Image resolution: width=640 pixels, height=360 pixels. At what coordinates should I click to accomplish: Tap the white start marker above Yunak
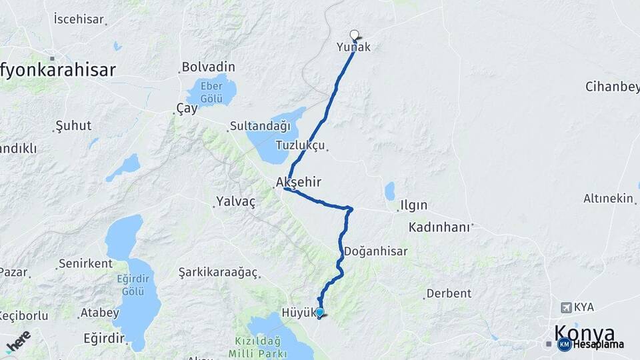point(354,35)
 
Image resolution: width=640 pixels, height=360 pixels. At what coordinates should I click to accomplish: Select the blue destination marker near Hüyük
point(320,312)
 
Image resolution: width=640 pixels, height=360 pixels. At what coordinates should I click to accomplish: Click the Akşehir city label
point(299,181)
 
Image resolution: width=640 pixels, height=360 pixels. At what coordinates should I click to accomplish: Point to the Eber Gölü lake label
point(211,91)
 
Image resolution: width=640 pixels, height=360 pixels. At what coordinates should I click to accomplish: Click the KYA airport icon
point(567,307)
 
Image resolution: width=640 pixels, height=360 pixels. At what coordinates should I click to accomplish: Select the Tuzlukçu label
point(300,145)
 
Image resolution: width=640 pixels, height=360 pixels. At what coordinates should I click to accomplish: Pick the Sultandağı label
point(260,125)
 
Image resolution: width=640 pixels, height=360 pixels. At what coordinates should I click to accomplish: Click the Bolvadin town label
point(208,67)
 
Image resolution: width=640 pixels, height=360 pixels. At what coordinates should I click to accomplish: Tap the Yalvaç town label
point(235,201)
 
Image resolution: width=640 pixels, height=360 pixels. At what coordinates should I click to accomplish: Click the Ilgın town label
point(413,205)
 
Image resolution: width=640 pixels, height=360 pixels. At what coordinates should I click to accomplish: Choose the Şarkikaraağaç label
point(219,272)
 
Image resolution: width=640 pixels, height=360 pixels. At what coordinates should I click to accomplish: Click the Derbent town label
point(449,293)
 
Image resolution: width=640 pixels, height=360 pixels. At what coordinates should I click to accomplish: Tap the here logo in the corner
point(18,341)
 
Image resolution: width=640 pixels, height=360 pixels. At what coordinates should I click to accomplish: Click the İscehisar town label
point(79,19)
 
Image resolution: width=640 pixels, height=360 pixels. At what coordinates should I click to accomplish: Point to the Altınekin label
point(608,198)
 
